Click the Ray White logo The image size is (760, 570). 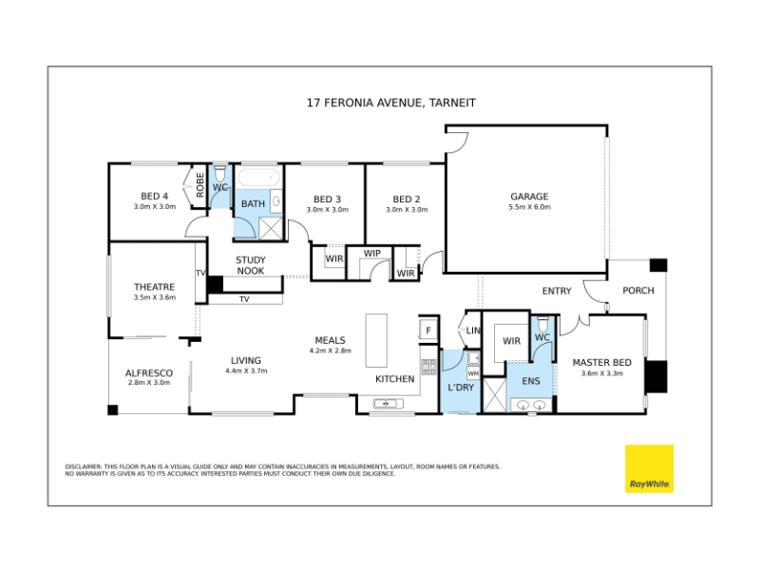649,468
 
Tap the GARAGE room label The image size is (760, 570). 529,197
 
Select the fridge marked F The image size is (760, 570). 428,330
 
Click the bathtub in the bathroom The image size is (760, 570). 258,178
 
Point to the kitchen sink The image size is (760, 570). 388,403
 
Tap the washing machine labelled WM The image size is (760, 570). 473,373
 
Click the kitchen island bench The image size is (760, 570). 376,340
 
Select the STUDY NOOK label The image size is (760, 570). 251,265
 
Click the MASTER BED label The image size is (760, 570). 602,362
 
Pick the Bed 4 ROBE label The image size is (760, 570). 199,184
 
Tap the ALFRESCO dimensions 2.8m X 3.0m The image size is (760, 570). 149,383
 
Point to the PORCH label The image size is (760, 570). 638,291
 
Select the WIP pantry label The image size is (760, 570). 372,253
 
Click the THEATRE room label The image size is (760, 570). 154,287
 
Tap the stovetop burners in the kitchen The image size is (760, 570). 428,367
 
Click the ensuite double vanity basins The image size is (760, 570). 531,405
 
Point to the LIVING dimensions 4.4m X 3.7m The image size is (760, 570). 246,371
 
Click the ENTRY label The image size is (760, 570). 557,291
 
